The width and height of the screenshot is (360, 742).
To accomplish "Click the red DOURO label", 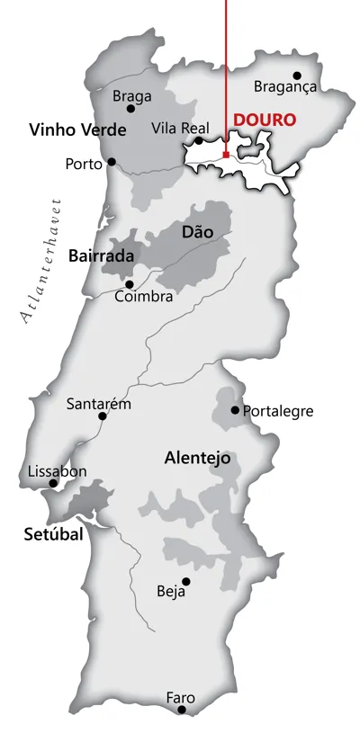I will point(265,120).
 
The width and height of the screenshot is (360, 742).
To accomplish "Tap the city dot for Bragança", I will point(297,76).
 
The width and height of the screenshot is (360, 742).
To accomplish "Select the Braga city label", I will point(131,95).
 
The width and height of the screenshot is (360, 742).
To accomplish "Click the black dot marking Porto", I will point(112,162).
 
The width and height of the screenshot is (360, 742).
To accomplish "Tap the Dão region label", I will point(198,232).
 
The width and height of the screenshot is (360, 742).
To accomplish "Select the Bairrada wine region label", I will point(101,256).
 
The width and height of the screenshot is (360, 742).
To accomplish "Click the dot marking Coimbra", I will point(130,284).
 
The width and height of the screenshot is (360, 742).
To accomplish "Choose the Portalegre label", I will point(278,411).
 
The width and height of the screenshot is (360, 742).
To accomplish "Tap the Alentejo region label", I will point(197,458).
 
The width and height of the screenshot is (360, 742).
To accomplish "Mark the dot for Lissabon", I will point(53,484).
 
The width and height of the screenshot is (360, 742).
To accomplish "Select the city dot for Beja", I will point(185,581).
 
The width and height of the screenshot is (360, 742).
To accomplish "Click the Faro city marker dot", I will point(182,710).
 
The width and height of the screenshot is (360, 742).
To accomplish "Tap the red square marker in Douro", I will point(225,154).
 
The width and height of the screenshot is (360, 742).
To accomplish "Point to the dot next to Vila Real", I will point(199,140).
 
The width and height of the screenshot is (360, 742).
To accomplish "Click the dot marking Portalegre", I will point(235,410).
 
